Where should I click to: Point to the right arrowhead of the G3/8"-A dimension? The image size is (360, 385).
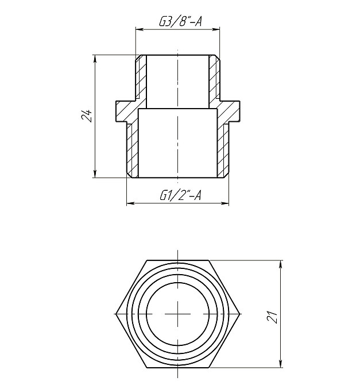(x=218, y=29)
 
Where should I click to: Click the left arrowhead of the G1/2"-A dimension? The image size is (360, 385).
(x=128, y=203)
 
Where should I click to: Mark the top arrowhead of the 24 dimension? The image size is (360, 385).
(x=94, y=57)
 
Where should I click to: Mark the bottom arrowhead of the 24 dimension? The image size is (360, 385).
(x=94, y=175)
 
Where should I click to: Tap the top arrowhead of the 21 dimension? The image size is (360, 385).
(x=281, y=264)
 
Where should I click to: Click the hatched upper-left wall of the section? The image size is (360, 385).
(x=141, y=80)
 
